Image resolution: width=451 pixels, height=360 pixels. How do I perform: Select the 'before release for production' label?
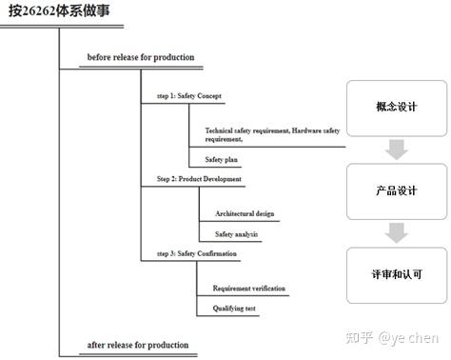140,57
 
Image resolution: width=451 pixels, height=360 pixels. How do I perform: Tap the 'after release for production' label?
137,344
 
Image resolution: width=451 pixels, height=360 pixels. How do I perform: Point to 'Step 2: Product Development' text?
199,178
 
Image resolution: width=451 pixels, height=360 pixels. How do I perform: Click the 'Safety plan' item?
222,159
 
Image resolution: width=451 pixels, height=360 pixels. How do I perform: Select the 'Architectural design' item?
245,213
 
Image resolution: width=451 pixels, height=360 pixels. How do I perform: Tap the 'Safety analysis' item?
235,233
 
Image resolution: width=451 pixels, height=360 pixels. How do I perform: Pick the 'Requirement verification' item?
248,288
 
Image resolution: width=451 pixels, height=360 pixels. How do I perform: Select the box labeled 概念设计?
397,109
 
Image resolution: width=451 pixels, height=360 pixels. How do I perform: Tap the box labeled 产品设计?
397,190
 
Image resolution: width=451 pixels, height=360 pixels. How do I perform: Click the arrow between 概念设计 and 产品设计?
397,149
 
